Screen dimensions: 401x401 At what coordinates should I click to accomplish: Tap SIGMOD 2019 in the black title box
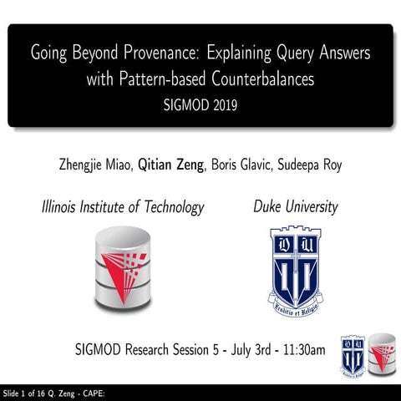pos(200,106)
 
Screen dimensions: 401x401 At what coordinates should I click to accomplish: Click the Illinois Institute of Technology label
pos(123,206)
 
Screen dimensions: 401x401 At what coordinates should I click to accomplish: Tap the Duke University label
pos(295,206)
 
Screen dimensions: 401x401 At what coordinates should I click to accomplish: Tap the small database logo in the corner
pos(382,354)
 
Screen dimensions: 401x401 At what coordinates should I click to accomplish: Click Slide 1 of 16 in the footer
pos(30,393)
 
